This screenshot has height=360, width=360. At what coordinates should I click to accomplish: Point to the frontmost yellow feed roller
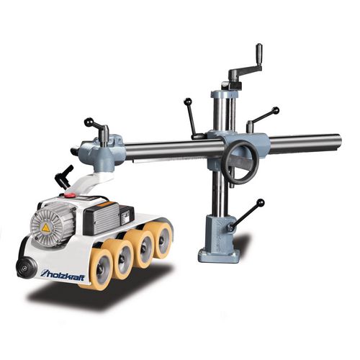(102, 264)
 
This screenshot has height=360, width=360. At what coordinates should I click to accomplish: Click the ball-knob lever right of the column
(262, 119)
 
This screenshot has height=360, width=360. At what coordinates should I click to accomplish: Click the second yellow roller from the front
(123, 253)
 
